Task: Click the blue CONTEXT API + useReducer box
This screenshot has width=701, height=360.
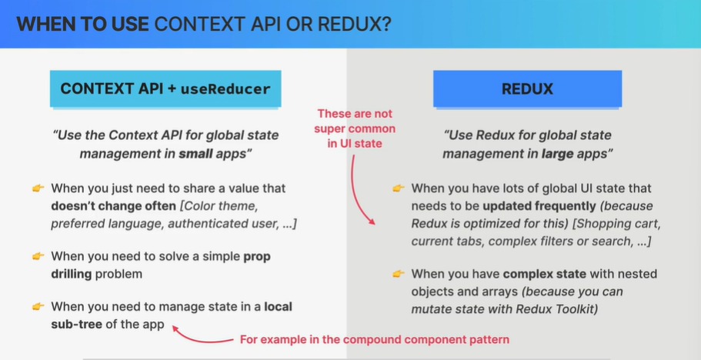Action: (x=165, y=88)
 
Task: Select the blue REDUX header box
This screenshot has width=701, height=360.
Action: (x=527, y=88)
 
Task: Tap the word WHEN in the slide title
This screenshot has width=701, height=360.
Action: (x=43, y=24)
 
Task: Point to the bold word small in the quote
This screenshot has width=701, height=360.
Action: (x=195, y=153)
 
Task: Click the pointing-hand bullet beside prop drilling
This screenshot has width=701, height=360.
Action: (x=38, y=255)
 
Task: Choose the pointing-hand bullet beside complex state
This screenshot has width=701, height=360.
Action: (x=398, y=274)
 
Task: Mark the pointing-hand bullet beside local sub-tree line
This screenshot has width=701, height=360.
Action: (x=38, y=307)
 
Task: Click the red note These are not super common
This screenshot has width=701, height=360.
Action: (x=355, y=128)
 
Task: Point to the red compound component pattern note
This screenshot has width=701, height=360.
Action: (x=374, y=339)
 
